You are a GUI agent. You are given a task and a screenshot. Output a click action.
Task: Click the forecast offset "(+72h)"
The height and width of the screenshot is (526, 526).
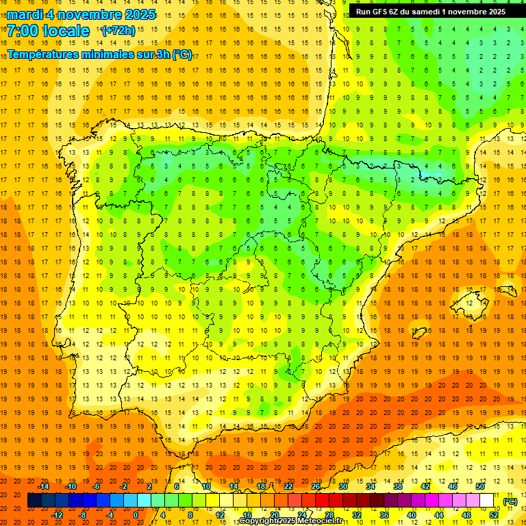pyautogui.click(x=118, y=31)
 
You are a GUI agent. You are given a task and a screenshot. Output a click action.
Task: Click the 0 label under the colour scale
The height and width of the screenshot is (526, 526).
pyautogui.click(x=136, y=515)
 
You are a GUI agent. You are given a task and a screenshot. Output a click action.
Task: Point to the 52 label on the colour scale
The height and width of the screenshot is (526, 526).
pyautogui.click(x=494, y=515)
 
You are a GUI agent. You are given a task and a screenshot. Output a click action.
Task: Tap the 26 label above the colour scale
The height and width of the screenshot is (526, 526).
pyautogui.click(x=316, y=486)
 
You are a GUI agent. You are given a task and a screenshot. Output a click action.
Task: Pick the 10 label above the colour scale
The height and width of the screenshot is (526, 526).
pyautogui.click(x=207, y=486)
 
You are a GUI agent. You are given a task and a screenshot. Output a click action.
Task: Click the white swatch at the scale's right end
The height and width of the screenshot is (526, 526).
pyautogui.click(x=487, y=501)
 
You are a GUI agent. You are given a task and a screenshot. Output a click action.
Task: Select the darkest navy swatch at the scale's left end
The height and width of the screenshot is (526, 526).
pyautogui.click(x=34, y=501)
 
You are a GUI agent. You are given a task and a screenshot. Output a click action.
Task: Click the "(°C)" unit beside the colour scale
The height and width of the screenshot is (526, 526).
pyautogui.click(x=510, y=501)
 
